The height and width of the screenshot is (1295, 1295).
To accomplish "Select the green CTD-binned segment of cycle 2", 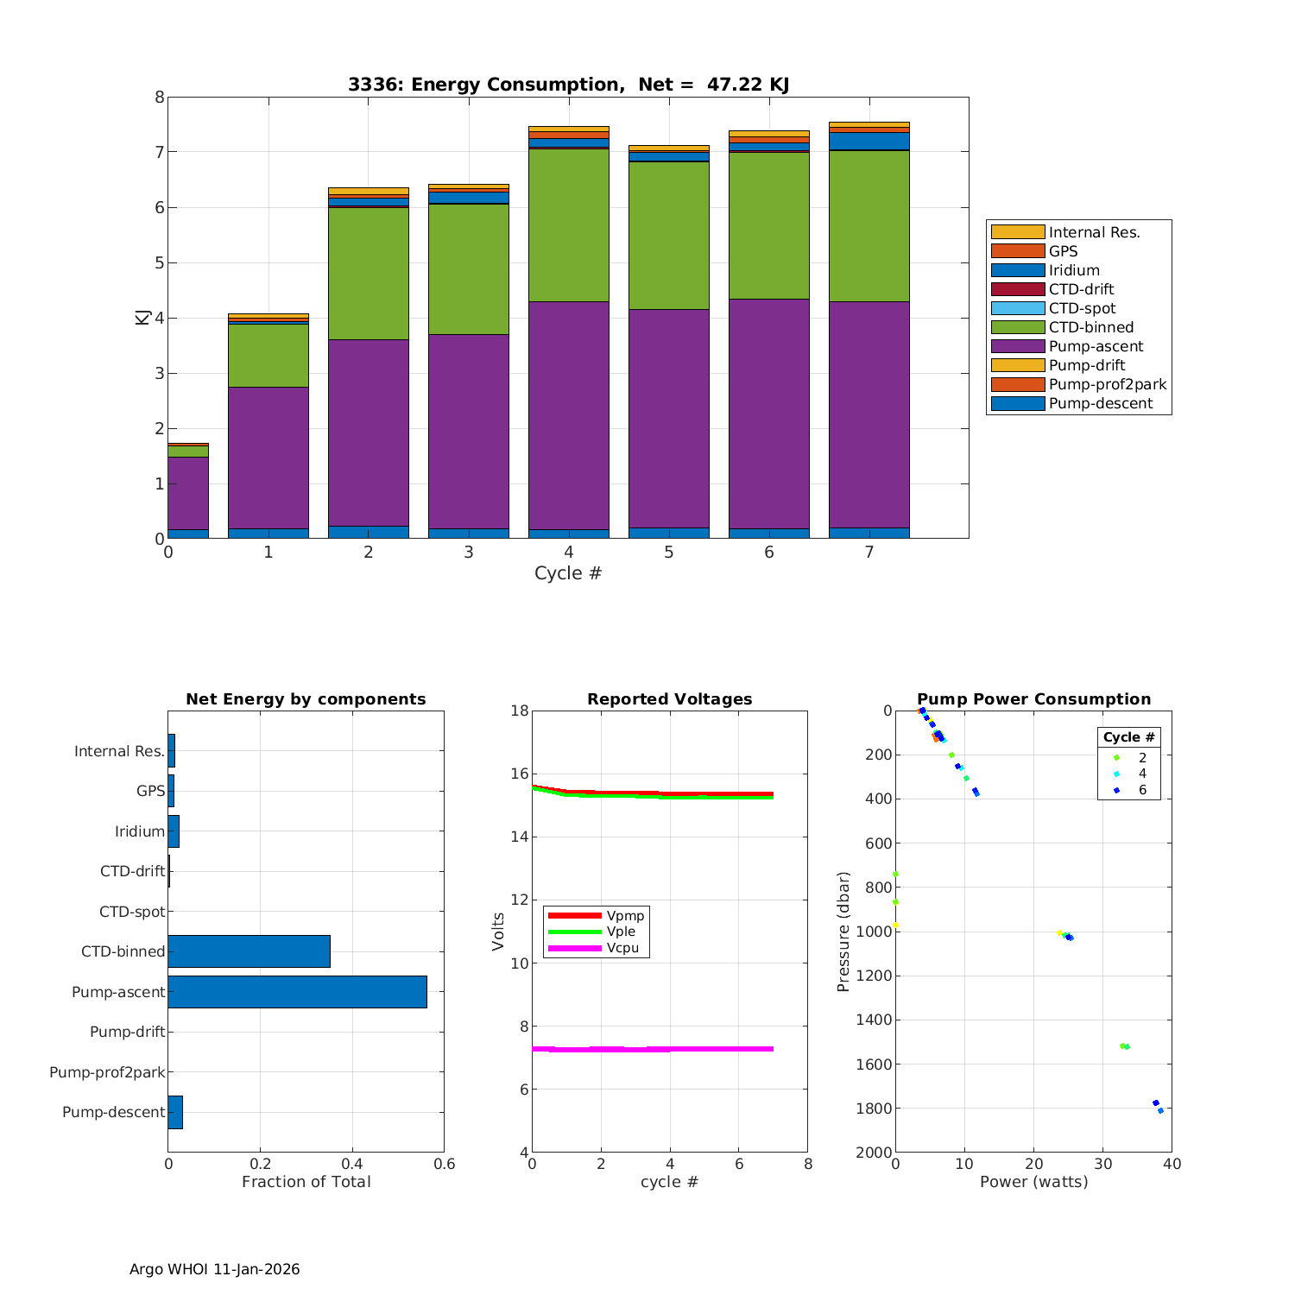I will coord(368,273).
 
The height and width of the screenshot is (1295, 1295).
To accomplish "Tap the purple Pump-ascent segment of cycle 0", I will coord(187,492).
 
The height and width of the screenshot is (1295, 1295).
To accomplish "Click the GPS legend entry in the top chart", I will coord(1063,251).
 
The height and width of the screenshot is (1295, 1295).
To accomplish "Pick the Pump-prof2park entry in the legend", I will coord(1107,384).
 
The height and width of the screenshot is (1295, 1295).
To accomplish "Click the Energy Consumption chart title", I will coord(568,85).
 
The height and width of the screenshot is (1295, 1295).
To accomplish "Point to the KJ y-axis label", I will coord(142,317).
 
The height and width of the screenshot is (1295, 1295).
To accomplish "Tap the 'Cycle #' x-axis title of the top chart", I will coord(567,573).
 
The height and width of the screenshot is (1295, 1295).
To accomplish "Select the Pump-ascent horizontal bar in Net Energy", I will coord(297,992).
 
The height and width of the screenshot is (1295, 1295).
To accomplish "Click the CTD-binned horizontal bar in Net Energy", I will coord(249,951).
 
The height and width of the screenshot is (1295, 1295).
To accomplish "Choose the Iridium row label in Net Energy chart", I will coord(140,831).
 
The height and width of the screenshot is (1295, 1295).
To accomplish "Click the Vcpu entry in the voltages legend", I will coord(622,948).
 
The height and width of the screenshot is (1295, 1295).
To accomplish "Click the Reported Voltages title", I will coord(669,699).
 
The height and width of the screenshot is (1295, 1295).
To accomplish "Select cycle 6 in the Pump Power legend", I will coord(1141,790).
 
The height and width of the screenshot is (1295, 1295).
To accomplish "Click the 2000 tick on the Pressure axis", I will coord(875,1153).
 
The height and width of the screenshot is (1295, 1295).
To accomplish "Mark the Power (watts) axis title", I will coord(1033,1182).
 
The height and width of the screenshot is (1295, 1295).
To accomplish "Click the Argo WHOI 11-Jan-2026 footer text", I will coord(214,1269).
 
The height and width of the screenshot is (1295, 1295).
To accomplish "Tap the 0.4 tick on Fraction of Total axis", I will coord(352,1165).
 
